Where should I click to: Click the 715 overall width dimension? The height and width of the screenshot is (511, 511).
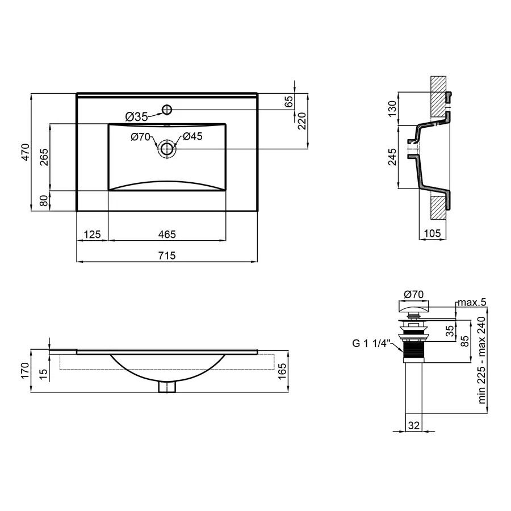coord(166,256)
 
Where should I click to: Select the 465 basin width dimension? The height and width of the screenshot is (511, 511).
coord(166,234)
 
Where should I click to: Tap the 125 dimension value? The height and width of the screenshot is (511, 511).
coord(92,234)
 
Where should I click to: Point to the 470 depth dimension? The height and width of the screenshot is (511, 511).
coord(24,153)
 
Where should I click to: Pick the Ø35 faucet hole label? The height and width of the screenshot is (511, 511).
coord(136,116)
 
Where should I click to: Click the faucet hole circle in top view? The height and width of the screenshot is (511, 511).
coord(167,109)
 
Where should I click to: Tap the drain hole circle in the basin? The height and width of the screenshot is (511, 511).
coord(167,149)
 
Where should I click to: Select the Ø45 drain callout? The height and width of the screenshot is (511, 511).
coord(192,136)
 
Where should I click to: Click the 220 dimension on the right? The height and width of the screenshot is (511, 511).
coord(301,120)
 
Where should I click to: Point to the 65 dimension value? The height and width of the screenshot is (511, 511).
coord(288,102)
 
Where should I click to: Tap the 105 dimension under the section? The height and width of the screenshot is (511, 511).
coord(433,233)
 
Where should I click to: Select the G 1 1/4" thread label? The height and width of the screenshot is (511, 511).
coord(370,342)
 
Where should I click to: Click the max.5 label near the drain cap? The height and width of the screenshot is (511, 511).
coord(473,302)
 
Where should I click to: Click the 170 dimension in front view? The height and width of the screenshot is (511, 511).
coord(24,370)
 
